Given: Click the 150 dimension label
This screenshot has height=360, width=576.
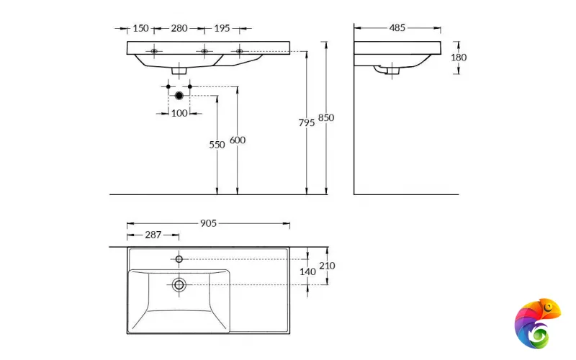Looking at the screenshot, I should point(140,28).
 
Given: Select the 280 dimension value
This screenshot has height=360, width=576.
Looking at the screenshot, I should point(179,28).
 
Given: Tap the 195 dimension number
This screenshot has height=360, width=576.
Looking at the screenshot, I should point(222,28).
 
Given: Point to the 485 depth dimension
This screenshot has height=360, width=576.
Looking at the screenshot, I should point(397,28).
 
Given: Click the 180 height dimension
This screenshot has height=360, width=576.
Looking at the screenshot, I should point(459,58).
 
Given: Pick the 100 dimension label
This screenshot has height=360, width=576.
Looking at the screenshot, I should point(179,113).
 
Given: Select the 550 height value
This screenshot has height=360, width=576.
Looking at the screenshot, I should point(217,144).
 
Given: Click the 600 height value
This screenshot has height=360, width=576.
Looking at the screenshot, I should point(237,140).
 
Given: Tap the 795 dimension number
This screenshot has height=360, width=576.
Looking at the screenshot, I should point(307,122).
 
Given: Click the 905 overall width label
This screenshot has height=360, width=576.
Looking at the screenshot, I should point(208,224).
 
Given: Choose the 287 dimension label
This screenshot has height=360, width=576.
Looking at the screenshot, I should point(152,235).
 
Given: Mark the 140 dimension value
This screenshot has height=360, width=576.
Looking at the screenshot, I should point(308,271).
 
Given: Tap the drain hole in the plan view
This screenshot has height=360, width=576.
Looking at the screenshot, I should point(179,285).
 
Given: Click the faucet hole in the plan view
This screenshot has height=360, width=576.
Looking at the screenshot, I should point(179,258).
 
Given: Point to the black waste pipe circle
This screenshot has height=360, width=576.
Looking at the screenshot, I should point(179,95).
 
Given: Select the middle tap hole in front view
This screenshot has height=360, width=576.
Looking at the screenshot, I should point(204,51).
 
